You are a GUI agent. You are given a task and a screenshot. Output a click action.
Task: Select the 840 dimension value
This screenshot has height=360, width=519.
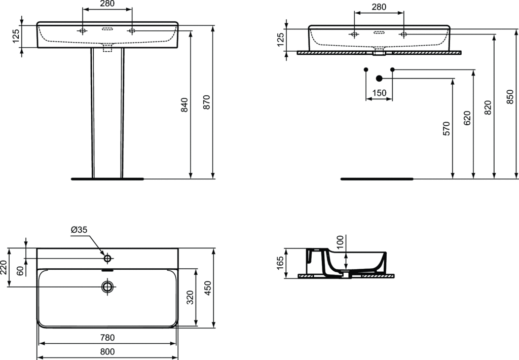184,105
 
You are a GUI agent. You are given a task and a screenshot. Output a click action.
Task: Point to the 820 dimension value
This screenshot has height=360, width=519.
488,107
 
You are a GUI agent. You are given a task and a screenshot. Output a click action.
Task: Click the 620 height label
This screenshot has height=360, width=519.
467,118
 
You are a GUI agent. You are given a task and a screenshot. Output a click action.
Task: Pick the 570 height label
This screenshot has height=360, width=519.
447,128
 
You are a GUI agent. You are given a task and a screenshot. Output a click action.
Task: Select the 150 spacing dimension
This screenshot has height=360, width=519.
379,93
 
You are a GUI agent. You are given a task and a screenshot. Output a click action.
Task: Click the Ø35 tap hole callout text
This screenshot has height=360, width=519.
79,230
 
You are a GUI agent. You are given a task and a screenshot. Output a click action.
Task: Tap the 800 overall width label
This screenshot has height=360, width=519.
107,352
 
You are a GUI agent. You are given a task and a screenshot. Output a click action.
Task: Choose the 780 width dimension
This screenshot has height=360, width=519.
107,338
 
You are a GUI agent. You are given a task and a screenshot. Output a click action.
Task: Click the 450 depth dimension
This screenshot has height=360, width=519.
208,288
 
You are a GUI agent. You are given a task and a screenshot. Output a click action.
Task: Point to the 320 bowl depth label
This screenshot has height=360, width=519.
190,298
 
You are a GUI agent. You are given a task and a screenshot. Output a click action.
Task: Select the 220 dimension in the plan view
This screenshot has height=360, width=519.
4,268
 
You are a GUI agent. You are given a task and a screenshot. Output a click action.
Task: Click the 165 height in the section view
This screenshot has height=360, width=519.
280,263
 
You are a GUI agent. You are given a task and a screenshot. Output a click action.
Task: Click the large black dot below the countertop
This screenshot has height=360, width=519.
379,79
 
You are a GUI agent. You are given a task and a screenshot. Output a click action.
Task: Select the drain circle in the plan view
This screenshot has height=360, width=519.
107,287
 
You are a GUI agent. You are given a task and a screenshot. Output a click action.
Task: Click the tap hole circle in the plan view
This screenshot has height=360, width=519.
107,258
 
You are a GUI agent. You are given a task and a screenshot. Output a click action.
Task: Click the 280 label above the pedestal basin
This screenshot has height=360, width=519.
107,4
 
